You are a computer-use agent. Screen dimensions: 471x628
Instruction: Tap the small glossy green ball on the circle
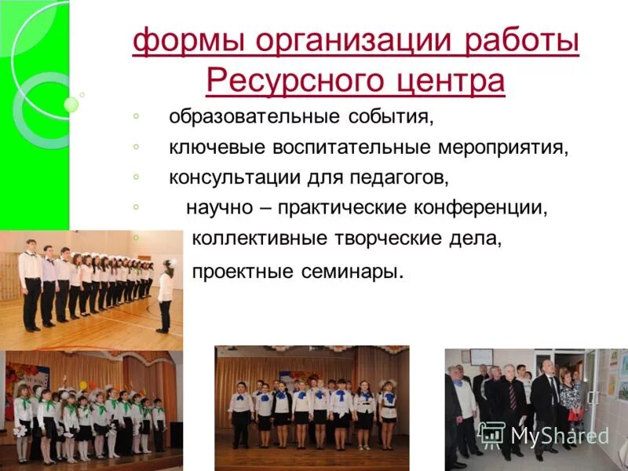pyautogui.click(x=71, y=104)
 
